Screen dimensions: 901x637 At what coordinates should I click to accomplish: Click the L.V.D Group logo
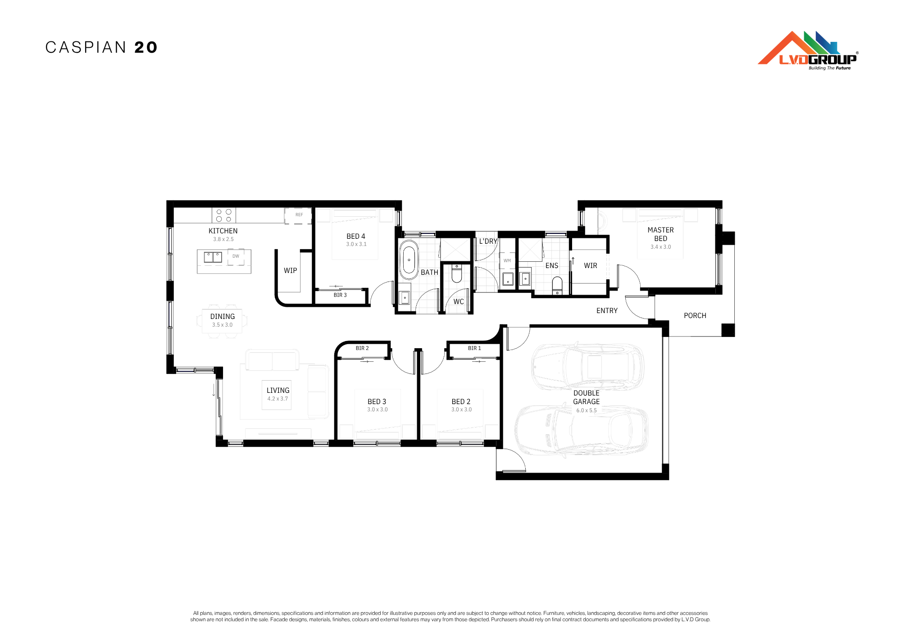(808, 50)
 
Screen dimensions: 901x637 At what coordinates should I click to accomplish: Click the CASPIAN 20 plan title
(101, 47)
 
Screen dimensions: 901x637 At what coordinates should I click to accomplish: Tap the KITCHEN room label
(223, 231)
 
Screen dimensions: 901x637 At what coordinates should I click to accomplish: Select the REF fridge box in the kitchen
(298, 215)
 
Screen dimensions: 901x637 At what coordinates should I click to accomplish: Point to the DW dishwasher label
(236, 256)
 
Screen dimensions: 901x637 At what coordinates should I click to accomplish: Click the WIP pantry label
(291, 271)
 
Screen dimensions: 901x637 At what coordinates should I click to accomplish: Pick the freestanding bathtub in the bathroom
(409, 259)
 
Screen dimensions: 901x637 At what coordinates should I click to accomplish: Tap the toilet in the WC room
(457, 273)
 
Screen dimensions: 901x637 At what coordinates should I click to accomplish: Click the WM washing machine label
(507, 261)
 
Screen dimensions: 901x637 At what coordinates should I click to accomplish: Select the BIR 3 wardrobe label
(340, 295)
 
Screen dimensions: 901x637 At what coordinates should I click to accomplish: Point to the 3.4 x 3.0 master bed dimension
(660, 247)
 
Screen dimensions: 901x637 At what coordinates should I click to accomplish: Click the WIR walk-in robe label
(591, 266)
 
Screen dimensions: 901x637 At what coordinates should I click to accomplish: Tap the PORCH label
(695, 316)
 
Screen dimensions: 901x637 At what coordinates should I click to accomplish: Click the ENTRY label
(607, 311)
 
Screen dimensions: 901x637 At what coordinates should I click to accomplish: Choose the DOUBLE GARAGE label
(587, 397)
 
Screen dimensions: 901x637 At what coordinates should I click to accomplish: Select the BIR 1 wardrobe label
(474, 348)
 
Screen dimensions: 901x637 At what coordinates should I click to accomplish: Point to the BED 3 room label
(377, 401)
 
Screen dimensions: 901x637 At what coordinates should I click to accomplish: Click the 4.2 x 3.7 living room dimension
(278, 399)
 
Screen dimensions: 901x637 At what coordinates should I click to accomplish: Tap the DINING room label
(223, 317)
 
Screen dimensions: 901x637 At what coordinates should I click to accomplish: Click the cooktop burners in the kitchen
(224, 215)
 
